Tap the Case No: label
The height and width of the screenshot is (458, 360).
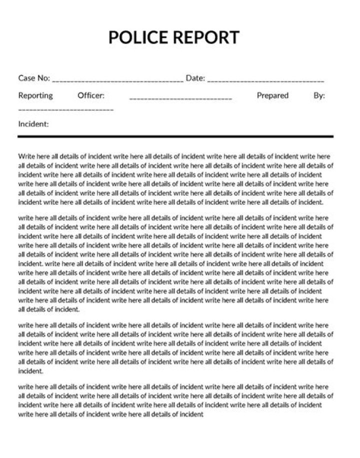(x=34, y=78)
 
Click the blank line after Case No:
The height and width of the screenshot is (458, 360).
(x=117, y=80)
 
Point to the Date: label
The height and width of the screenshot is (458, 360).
(x=195, y=78)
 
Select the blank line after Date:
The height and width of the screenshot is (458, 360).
(x=265, y=80)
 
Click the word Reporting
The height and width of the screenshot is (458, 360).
(x=35, y=95)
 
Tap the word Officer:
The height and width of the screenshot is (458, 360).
(x=91, y=95)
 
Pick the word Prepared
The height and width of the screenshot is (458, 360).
(x=272, y=95)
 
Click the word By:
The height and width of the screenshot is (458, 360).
(x=319, y=95)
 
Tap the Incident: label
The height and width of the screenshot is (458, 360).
(x=33, y=124)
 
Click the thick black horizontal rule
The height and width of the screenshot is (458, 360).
(x=175, y=136)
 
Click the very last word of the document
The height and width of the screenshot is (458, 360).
(x=191, y=414)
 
